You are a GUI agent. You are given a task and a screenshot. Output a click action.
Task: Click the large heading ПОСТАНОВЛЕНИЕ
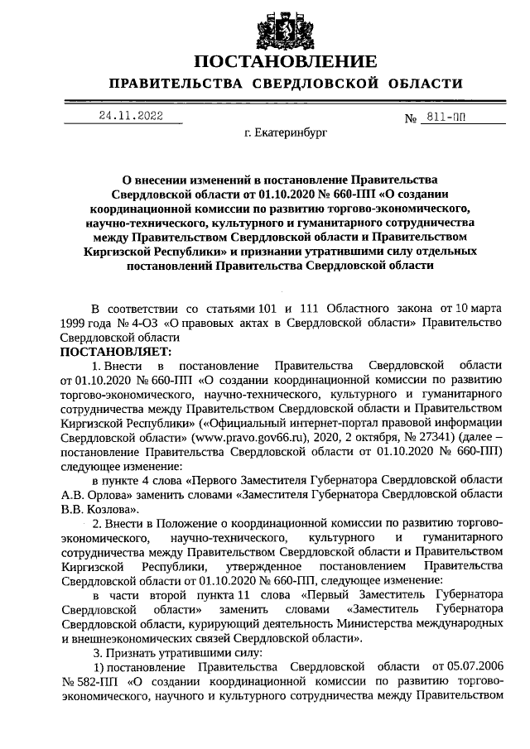click(x=286, y=62)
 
